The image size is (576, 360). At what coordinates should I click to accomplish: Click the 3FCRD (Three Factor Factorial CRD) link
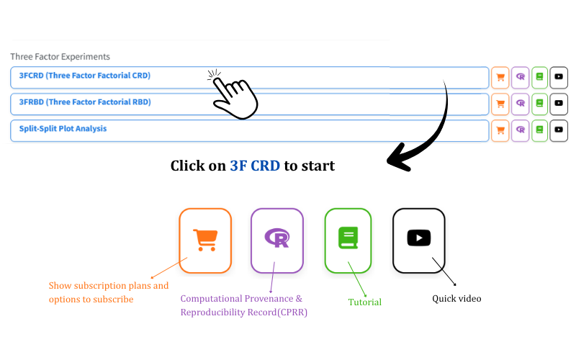point(85,76)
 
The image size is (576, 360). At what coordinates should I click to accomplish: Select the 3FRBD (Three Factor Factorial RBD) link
point(85,102)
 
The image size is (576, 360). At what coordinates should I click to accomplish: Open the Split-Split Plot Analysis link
point(63,129)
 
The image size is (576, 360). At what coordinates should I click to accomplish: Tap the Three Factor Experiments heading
point(60,57)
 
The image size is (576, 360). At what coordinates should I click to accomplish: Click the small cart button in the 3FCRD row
point(500,78)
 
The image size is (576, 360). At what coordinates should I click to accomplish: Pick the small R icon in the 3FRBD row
point(520,104)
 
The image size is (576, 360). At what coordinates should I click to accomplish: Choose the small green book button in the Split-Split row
point(539,130)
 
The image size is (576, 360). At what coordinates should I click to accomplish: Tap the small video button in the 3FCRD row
point(559,78)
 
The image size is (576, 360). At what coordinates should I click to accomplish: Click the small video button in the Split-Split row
point(559,130)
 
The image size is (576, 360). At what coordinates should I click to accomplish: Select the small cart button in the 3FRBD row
point(500,104)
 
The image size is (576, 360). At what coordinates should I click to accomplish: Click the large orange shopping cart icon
point(205,240)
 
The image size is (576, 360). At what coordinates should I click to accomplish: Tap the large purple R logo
point(277,238)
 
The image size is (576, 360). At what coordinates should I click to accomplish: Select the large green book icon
point(348,238)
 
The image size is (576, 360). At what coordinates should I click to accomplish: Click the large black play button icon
point(419,238)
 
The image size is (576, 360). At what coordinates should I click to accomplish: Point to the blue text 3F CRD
point(255,166)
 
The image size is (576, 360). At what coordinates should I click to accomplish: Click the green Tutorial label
point(365,302)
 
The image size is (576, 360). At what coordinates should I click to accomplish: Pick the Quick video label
point(456,299)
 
